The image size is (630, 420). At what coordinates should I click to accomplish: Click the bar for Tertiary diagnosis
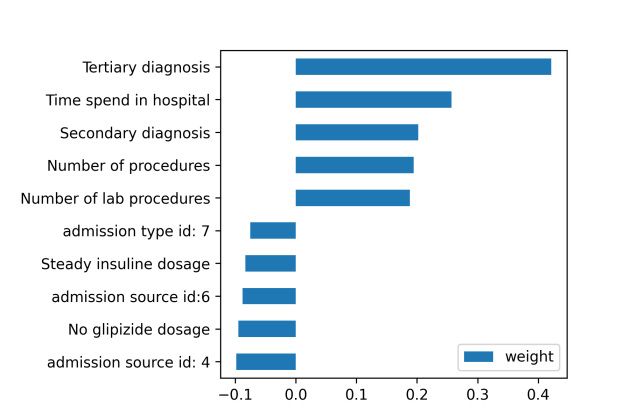423,67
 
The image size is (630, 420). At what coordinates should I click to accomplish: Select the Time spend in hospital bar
373,100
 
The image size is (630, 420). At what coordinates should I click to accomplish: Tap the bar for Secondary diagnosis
356,132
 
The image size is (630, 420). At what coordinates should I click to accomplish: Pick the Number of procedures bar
354,165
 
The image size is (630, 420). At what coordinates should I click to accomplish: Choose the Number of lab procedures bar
352,198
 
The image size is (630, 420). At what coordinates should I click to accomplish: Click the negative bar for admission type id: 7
273,231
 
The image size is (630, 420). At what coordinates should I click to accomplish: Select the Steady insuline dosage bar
270,264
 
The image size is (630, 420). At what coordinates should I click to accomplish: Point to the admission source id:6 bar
269,296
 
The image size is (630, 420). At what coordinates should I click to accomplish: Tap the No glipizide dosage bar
267,329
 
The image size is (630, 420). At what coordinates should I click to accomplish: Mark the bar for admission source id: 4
266,362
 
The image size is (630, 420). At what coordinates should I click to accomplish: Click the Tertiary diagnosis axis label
146,68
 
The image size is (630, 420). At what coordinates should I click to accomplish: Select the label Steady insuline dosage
125,264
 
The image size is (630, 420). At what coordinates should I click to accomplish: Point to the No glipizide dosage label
128,329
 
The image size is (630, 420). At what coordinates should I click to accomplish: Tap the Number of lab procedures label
115,198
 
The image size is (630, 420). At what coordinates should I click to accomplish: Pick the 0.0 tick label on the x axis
296,395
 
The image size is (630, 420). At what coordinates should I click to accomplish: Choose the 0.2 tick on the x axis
417,395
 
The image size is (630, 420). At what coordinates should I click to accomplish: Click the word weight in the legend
529,356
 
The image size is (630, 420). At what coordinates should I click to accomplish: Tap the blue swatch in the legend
481,356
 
